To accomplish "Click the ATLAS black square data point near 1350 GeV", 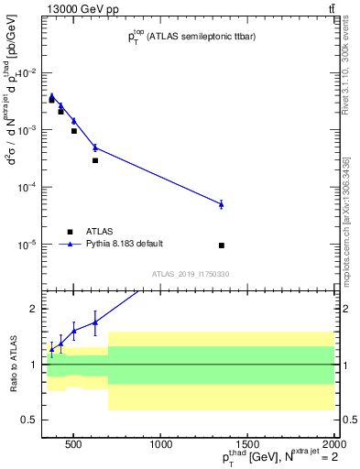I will coord(222,245).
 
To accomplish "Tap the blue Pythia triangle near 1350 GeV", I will coord(222,204).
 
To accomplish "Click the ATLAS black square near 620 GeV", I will coord(94,160).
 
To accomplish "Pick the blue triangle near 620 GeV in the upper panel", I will coord(94,147).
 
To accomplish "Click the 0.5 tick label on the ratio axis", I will coord(29,420).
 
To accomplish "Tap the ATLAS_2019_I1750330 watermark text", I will coord(191,274).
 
